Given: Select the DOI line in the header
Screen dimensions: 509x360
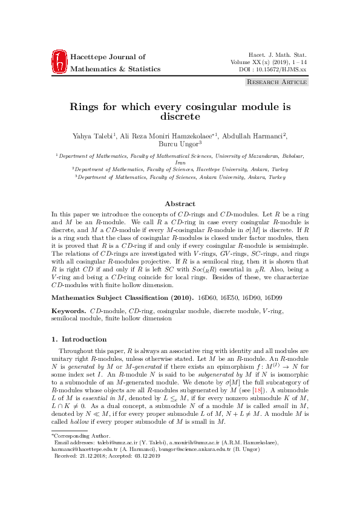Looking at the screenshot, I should tap(274, 70).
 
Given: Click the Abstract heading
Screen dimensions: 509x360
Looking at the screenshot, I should tap(180, 204).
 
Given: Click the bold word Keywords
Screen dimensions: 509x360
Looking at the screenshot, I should tap(68, 311).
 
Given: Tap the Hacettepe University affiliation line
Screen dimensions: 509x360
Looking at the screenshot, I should tap(180, 170).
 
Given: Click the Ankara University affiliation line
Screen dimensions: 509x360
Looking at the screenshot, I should tap(180, 178).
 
